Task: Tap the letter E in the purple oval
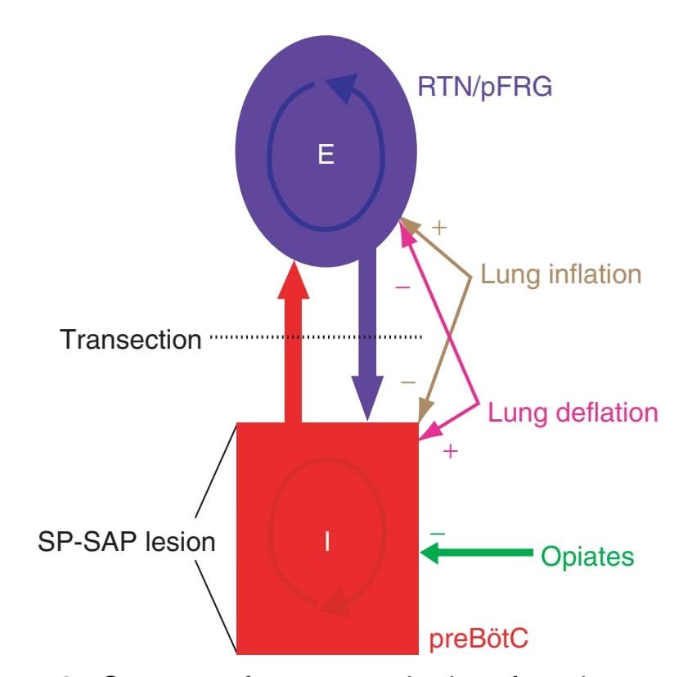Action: (x=326, y=156)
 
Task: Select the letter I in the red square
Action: (x=327, y=542)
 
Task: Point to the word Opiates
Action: (x=586, y=557)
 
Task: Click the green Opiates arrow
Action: (x=474, y=555)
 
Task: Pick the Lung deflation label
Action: (x=573, y=412)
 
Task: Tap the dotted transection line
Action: (x=315, y=336)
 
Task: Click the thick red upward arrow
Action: (x=294, y=344)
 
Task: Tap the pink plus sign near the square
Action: (x=449, y=451)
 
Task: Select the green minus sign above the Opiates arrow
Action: (x=438, y=533)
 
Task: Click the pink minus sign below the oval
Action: (x=402, y=287)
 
